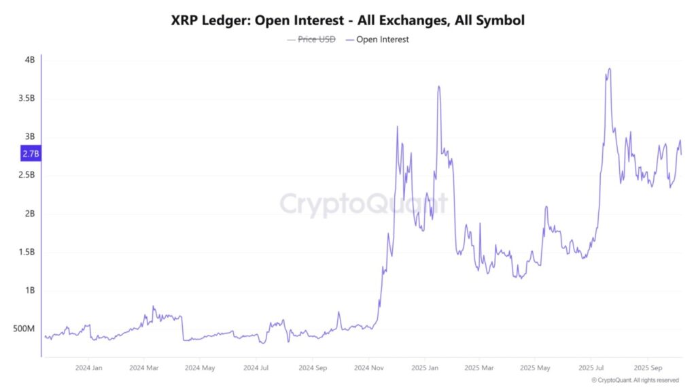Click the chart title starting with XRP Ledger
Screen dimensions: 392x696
(348, 20)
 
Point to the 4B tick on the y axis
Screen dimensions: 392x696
(29, 60)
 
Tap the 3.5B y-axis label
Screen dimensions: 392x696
(26, 98)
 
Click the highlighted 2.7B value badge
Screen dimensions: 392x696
(31, 154)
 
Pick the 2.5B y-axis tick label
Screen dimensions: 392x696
(26, 175)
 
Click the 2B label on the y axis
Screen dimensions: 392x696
(29, 214)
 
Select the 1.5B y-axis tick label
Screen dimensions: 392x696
(26, 252)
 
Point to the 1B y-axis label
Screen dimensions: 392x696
(29, 291)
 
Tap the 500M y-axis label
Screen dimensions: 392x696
(24, 329)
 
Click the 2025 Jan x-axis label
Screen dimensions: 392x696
(424, 367)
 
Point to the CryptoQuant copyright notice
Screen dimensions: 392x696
(635, 380)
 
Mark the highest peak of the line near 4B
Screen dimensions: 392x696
(610, 69)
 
